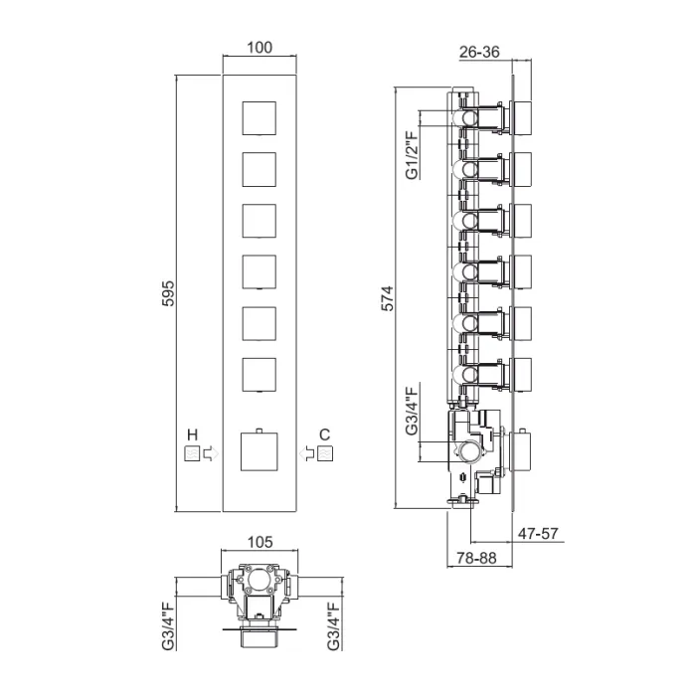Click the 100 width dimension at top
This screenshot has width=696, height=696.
point(260,48)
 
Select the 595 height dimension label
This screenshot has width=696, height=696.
point(168,293)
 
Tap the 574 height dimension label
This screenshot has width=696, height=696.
point(387,298)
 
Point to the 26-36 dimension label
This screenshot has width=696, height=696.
point(479,52)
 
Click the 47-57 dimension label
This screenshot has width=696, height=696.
point(538,533)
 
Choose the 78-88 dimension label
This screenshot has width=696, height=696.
point(476,558)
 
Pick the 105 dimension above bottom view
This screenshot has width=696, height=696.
point(260,542)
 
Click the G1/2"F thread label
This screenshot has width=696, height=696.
point(413,155)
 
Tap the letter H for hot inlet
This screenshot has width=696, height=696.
point(192,435)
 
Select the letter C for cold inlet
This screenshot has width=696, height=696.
point(324,435)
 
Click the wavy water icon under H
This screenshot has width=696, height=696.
point(192,453)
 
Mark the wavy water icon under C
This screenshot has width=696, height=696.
point(325,453)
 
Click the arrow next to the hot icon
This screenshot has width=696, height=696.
point(211,453)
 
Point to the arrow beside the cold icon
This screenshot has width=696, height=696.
point(306,453)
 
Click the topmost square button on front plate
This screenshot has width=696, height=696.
point(260,118)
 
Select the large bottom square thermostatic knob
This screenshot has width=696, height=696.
point(260,451)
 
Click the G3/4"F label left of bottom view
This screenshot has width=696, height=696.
point(169,625)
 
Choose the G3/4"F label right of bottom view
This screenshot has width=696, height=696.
point(334,625)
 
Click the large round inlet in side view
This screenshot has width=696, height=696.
point(468,452)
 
